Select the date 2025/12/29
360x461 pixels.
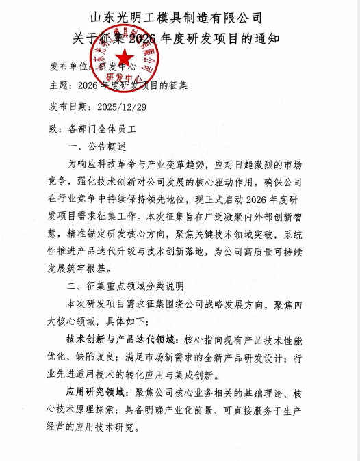122,107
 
